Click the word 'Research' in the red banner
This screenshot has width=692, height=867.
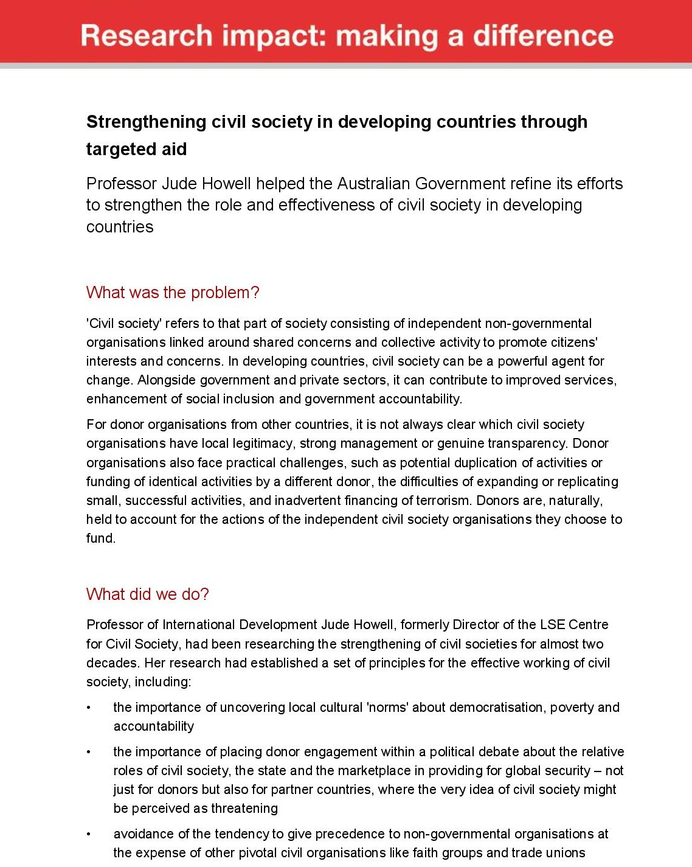147,36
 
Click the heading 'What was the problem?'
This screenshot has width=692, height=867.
173,293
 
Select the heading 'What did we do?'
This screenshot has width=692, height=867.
148,594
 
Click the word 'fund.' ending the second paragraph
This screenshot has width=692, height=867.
101,538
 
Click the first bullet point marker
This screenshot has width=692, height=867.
89,708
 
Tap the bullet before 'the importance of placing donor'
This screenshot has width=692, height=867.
89,752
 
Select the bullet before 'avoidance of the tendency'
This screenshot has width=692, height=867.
89,834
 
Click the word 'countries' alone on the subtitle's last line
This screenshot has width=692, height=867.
120,227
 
